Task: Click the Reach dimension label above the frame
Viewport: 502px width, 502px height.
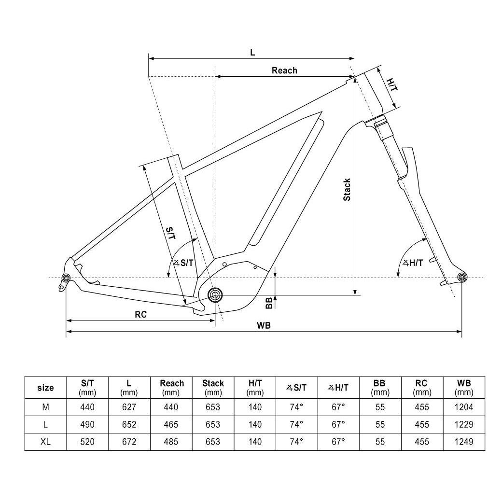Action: click(x=284, y=70)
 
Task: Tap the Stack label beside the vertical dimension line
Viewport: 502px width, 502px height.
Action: click(x=347, y=190)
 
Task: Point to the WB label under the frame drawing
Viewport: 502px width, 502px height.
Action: click(x=264, y=325)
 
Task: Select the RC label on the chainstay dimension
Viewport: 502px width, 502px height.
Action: click(x=140, y=314)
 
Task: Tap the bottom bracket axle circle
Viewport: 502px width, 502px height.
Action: click(x=215, y=294)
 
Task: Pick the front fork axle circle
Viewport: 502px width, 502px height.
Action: click(x=462, y=277)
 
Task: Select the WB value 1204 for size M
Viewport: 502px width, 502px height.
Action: click(x=464, y=407)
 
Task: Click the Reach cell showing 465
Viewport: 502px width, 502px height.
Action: click(x=172, y=424)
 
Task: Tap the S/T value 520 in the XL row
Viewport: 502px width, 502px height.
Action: click(x=87, y=442)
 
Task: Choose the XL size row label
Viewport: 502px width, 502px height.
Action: click(x=45, y=442)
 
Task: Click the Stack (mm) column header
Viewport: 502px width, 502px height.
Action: click(x=213, y=387)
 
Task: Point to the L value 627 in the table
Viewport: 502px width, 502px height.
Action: click(x=129, y=407)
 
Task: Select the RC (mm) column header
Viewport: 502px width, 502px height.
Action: click(x=421, y=387)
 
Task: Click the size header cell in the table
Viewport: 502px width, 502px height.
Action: click(x=45, y=387)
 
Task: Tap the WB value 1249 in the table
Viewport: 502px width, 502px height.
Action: click(x=464, y=442)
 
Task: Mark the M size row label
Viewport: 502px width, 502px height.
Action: click(x=45, y=407)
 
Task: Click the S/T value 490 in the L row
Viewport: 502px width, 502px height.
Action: click(x=87, y=424)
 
